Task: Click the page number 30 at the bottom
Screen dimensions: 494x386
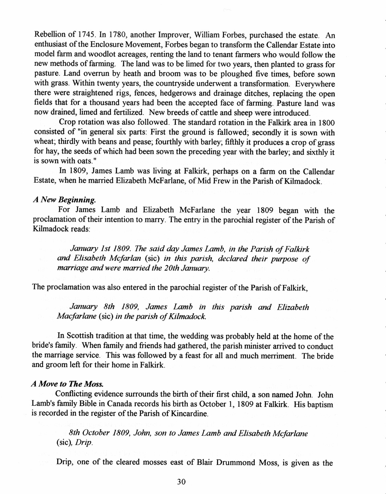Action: pyautogui.click(x=181, y=481)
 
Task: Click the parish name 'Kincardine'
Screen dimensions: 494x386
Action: pyautogui.click(x=192, y=414)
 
